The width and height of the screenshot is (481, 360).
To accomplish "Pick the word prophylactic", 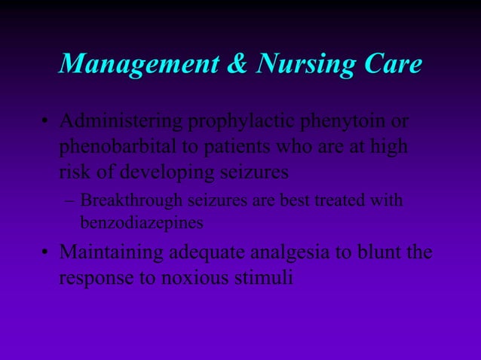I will (x=246, y=122).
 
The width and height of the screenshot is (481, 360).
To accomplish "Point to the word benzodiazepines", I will (x=141, y=223).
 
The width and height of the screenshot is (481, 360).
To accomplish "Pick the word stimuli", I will (x=266, y=277).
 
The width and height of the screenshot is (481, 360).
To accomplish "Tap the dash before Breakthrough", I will (x=70, y=202).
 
